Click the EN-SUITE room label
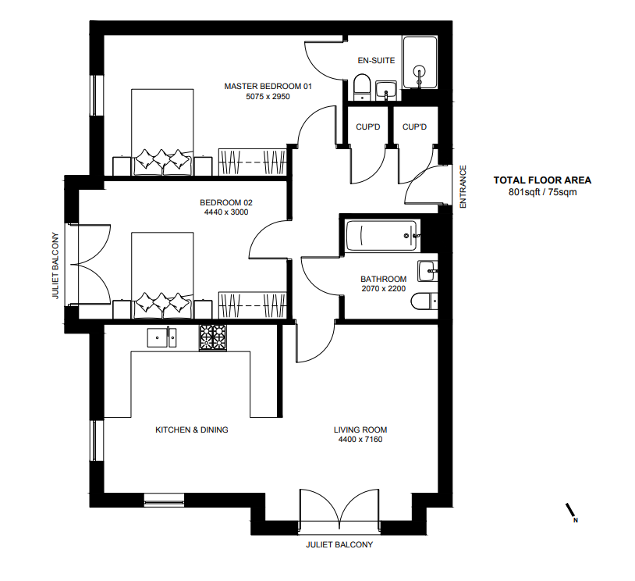pyautogui.click(x=376, y=60)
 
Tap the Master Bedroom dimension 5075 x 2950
pyautogui.click(x=268, y=97)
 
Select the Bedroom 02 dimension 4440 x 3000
pyautogui.click(x=226, y=212)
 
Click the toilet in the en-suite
pyautogui.click(x=362, y=87)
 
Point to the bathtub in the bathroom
pyautogui.click(x=381, y=236)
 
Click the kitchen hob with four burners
pyautogui.click(x=213, y=337)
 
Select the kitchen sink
pyautogui.click(x=161, y=337)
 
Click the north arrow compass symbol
pyautogui.click(x=571, y=512)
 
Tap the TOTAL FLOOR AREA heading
pyautogui.click(x=542, y=180)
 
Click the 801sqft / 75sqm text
pyautogui.click(x=542, y=192)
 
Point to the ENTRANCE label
pyautogui.click(x=463, y=187)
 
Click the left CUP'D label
pyautogui.click(x=367, y=127)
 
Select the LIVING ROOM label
pyautogui.click(x=360, y=430)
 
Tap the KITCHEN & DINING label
pyautogui.click(x=192, y=430)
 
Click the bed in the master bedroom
pyautogui.click(x=162, y=132)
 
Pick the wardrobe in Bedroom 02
pyautogui.click(x=253, y=305)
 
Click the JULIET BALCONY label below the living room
pyautogui.click(x=339, y=544)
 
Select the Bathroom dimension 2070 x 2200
pyautogui.click(x=384, y=289)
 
